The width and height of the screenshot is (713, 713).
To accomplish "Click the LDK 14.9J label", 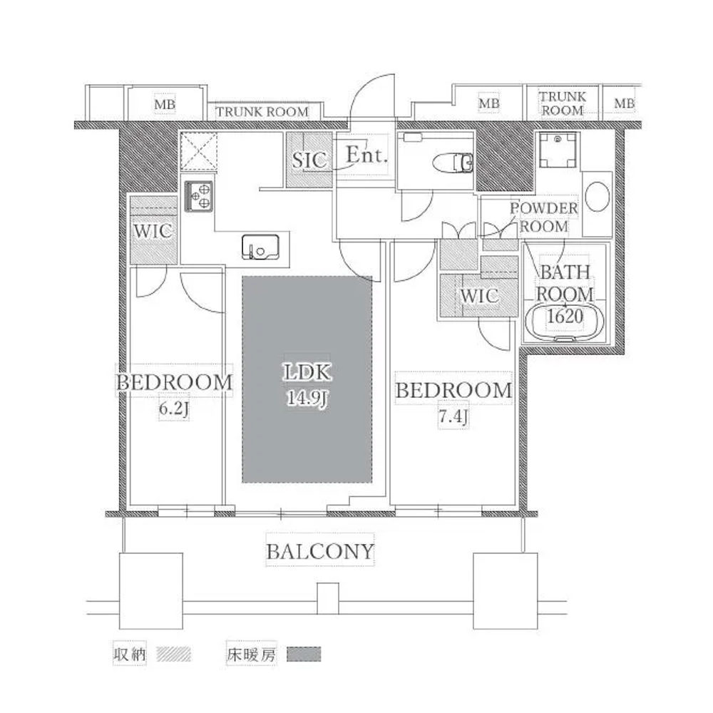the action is coord(307,385).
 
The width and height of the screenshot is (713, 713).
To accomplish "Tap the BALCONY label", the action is coord(319,552).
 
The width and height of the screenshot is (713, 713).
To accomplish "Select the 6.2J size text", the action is coord(174,409).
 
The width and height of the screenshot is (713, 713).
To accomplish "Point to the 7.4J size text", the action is coord(453,417).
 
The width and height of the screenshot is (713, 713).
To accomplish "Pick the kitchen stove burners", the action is coord(199,196).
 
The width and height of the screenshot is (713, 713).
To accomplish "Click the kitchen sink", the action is coord(260,247).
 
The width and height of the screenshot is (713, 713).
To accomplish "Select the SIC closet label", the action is coord(309,160).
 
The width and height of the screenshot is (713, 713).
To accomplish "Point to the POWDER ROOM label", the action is coord(544,217).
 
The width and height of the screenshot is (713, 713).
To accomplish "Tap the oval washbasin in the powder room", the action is coord(597,197).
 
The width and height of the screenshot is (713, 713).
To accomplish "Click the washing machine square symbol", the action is coord(558,150).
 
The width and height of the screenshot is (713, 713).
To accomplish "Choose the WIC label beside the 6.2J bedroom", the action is coord(153,231).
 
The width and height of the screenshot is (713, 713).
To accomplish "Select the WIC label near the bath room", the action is coord(479,296).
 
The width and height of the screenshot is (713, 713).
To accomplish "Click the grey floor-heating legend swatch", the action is coord(304,655).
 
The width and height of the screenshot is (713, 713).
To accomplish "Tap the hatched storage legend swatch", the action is coord(174,655).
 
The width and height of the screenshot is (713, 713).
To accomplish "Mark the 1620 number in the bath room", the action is coord(565,316).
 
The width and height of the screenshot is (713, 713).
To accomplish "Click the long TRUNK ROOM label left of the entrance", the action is coord(262,112).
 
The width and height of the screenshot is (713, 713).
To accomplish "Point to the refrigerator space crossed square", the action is coord(199,151).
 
